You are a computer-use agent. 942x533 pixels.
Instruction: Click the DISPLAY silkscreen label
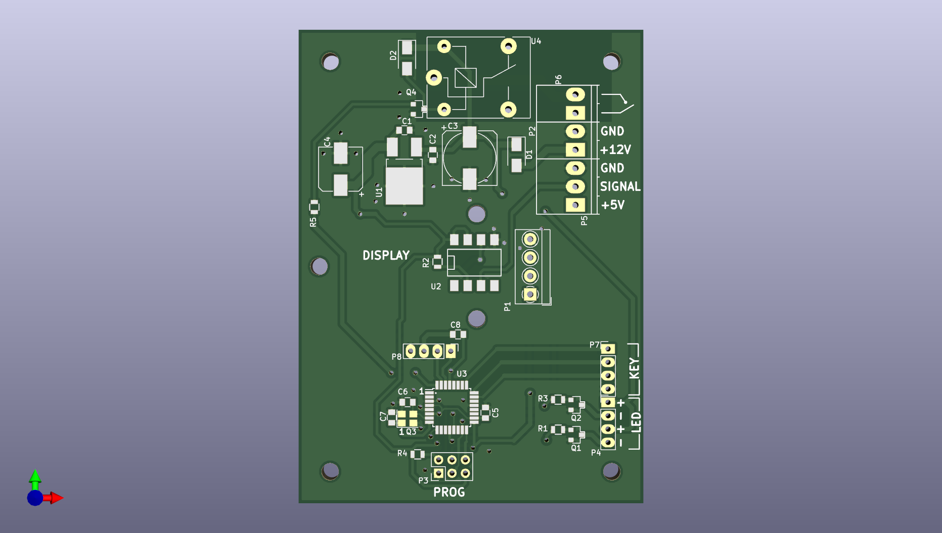tap(386, 255)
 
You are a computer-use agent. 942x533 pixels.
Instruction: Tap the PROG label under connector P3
tap(449, 492)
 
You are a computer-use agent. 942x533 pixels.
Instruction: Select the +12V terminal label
tap(615, 150)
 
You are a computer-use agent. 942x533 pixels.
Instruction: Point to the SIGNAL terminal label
tap(620, 186)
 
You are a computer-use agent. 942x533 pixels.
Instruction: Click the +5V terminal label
tap(613, 205)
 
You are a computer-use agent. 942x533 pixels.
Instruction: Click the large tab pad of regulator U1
tap(404, 185)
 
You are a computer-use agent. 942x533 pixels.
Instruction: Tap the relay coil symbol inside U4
tap(465, 78)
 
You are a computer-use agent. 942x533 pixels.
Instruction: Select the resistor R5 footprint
tap(314, 206)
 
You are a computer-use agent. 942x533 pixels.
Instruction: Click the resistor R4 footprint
tap(417, 454)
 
